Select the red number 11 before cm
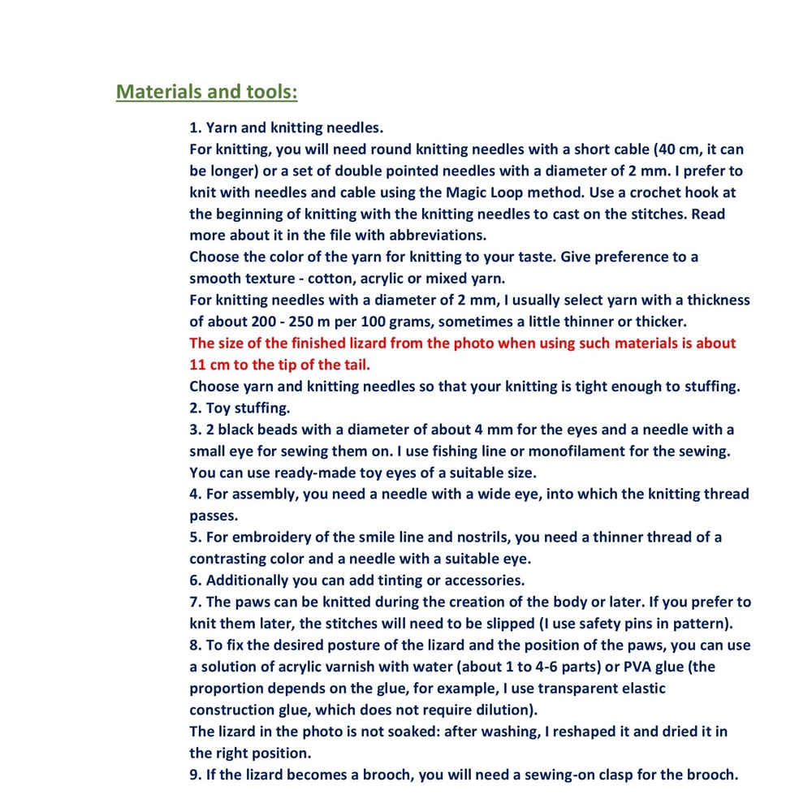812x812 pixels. point(198,365)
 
